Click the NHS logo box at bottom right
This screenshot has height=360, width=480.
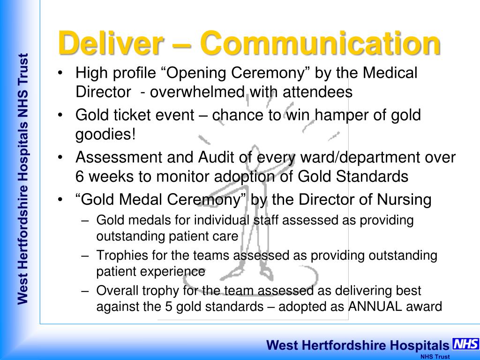465,344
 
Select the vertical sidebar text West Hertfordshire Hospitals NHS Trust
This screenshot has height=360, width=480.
23,179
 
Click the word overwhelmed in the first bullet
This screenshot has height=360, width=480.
197,92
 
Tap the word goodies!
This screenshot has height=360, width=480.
105,135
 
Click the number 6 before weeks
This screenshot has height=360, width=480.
79,177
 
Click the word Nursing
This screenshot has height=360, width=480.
404,200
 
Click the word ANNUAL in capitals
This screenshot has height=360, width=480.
375,307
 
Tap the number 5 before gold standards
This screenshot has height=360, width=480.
169,307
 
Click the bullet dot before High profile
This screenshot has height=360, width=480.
60,73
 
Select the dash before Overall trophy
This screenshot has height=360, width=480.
85,291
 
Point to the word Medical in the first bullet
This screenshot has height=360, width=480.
390,73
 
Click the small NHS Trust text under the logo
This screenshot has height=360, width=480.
435,357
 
